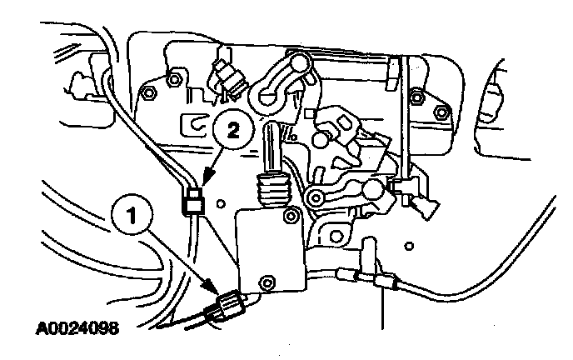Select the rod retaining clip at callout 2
click(x=194, y=200)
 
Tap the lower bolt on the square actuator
click(x=268, y=281)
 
